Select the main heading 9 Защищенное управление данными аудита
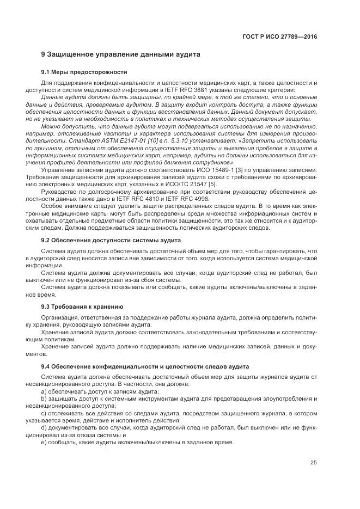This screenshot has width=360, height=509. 121,54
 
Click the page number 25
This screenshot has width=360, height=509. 314,463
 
